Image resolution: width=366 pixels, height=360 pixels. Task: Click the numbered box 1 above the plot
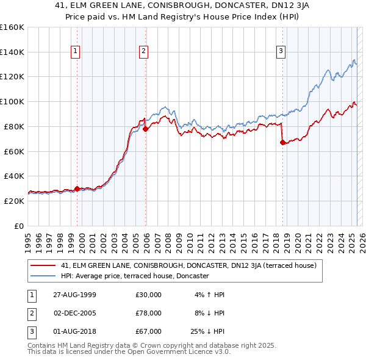(x=75, y=52)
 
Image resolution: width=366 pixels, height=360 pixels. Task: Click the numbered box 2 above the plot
(x=143, y=52)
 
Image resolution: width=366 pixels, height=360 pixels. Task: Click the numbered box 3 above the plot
(x=281, y=52)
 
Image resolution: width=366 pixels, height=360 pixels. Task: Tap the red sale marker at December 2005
(x=146, y=129)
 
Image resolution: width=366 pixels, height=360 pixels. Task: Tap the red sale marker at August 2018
(x=282, y=143)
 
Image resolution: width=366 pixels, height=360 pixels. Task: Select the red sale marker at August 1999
(x=77, y=189)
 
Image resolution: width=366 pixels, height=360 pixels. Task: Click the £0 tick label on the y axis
(x=20, y=226)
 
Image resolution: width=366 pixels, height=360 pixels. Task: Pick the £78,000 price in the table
(x=148, y=313)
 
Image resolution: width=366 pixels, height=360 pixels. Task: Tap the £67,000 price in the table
(x=148, y=331)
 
